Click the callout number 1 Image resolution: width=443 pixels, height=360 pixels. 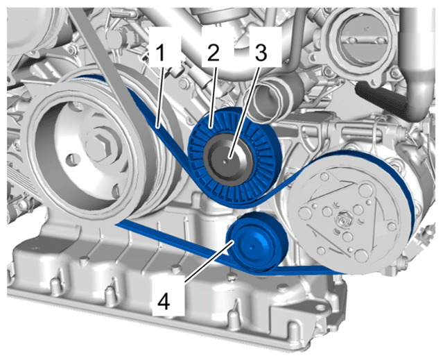160,53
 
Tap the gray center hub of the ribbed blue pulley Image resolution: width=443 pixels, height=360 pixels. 229,157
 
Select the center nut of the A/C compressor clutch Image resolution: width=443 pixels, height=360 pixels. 342,218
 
